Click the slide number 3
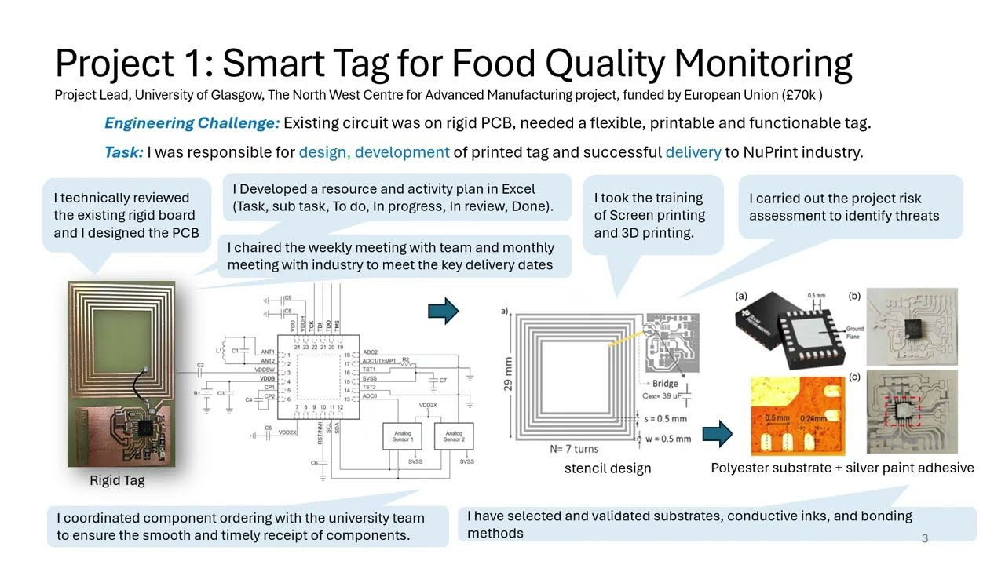[925, 538]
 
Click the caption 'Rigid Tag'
[117, 480]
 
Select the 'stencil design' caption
[608, 468]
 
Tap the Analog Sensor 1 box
[403, 436]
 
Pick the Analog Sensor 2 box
[454, 436]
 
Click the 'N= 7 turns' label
[573, 449]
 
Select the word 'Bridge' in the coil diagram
[665, 384]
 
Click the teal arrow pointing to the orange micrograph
[717, 432]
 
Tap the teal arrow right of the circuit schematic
[443, 311]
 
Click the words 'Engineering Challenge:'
[192, 123]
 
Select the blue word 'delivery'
[693, 152]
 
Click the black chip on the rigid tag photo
[145, 428]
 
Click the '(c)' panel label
[854, 377]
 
